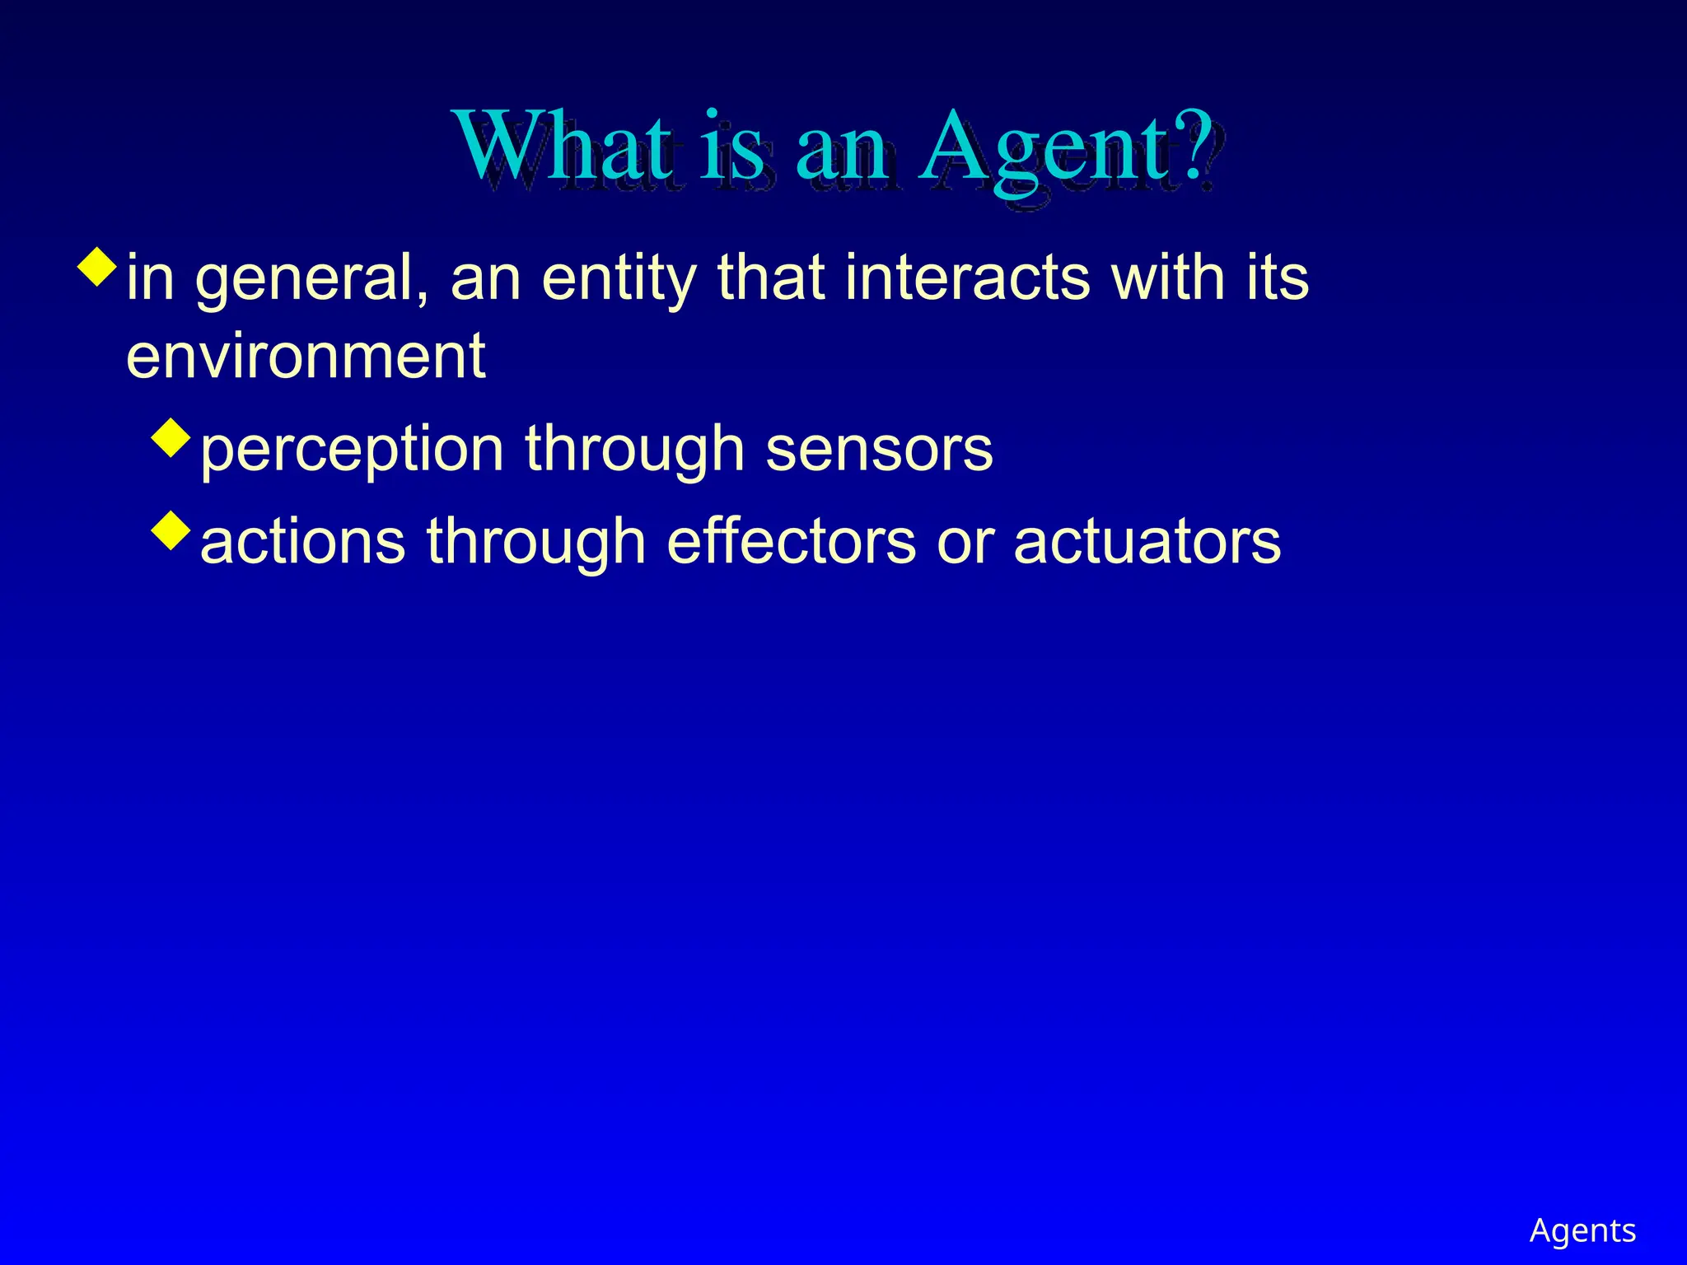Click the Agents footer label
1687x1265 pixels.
(x=1582, y=1230)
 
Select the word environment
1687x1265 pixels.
(x=306, y=356)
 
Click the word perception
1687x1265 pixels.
(x=352, y=450)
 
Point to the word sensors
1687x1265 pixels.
(x=879, y=450)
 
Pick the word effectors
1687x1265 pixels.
(x=791, y=542)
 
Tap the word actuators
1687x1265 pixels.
(x=1147, y=542)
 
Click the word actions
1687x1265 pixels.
(x=302, y=542)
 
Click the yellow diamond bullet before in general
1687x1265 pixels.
(x=97, y=267)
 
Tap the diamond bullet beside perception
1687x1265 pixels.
(x=171, y=437)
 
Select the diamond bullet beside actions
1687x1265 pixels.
(x=171, y=530)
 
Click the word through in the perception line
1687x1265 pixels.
(x=634, y=450)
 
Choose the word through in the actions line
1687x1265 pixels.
(x=535, y=542)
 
